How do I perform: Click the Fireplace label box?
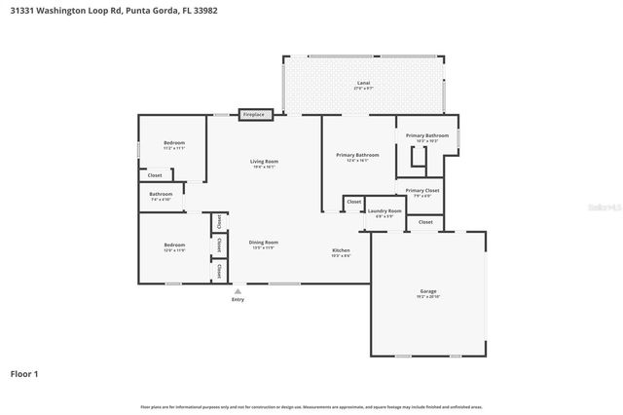(x=253, y=114)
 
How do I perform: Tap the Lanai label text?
(x=362, y=83)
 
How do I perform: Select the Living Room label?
(x=264, y=161)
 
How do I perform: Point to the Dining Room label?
(x=263, y=242)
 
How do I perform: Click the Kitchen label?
(x=340, y=250)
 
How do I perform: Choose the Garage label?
(x=427, y=291)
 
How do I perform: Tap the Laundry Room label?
(x=384, y=210)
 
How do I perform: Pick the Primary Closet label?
(x=422, y=190)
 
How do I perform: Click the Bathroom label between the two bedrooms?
(x=161, y=194)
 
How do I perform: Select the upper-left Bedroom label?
(x=173, y=142)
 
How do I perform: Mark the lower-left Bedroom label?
(x=174, y=245)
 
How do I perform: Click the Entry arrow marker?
(x=238, y=290)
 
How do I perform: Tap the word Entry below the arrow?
(x=238, y=299)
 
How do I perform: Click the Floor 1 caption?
(x=24, y=373)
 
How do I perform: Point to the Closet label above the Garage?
(x=425, y=222)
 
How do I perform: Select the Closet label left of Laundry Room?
(x=353, y=203)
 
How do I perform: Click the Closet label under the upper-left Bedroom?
(x=155, y=175)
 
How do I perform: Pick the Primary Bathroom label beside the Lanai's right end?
(x=427, y=135)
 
